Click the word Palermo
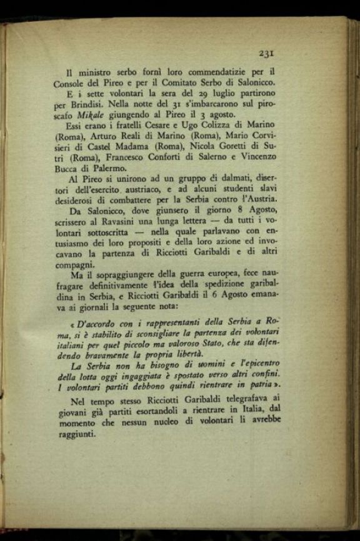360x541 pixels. click(107, 168)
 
